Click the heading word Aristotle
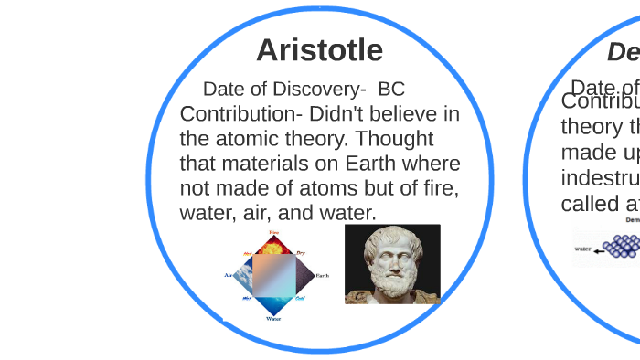[x=319, y=49]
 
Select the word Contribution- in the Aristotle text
[x=240, y=114]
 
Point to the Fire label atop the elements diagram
[x=273, y=234]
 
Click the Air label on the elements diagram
[x=229, y=274]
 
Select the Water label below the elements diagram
[x=273, y=319]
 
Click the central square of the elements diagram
[x=273, y=276]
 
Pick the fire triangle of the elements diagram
[x=273, y=245]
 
